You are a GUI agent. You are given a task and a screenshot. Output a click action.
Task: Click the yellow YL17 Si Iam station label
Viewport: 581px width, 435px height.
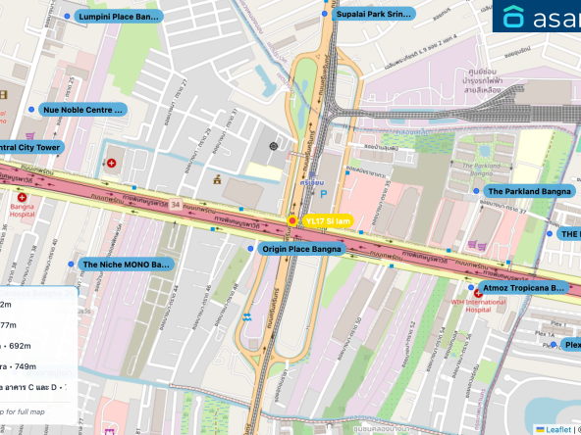click(x=326, y=221)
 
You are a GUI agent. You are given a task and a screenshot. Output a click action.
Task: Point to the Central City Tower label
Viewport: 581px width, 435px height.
click(x=29, y=147)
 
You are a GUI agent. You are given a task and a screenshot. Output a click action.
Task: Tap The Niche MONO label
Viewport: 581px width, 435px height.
click(x=126, y=265)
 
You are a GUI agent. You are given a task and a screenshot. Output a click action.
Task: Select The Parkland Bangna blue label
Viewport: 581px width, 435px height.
click(x=528, y=191)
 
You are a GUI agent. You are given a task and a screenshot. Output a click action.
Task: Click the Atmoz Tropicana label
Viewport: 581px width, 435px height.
click(x=524, y=288)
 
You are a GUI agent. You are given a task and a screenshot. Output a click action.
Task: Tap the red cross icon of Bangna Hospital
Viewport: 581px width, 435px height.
click(x=22, y=197)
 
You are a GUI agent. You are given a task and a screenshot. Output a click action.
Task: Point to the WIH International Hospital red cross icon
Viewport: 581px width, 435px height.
click(x=478, y=293)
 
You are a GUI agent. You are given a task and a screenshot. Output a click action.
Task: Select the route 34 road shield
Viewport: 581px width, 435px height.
click(x=175, y=204)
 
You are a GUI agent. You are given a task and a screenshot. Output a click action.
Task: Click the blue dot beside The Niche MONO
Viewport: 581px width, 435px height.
click(x=71, y=265)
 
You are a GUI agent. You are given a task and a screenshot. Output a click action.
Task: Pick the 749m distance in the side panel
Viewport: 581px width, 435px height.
click(x=20, y=366)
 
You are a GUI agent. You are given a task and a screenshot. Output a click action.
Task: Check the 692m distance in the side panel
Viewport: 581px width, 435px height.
click(x=20, y=346)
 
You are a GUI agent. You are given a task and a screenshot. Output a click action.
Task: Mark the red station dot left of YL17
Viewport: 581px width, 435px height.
click(x=291, y=221)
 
